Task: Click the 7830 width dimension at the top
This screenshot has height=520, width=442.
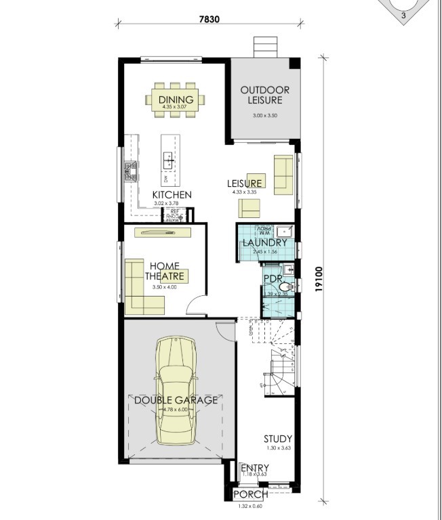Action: pos(209,19)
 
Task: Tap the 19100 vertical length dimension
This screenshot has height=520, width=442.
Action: pos(320,278)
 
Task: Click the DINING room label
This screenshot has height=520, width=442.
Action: pos(176,100)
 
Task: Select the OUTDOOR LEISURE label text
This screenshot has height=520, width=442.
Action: pos(265,95)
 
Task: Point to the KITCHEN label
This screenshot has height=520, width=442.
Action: pos(172,195)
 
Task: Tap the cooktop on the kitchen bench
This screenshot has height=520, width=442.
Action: pos(129,171)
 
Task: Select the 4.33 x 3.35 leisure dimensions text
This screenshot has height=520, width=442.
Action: pos(243,192)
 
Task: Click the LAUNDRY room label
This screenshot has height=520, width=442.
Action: pos(265,242)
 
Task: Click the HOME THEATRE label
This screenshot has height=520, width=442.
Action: pos(165,271)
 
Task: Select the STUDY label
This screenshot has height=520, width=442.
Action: pos(278,439)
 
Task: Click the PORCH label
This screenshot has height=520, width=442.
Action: pos(250,495)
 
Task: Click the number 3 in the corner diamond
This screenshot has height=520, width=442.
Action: pos(403,15)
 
